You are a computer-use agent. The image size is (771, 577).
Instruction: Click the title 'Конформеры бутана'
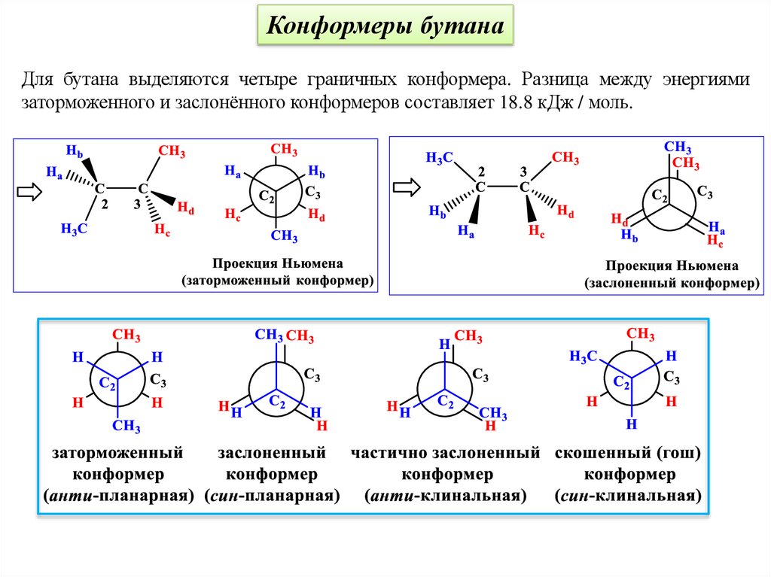point(386,28)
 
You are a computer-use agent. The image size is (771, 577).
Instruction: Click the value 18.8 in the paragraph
point(512,102)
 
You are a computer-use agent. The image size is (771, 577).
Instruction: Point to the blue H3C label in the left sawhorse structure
point(75,229)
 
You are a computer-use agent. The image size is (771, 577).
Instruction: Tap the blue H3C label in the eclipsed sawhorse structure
point(439,157)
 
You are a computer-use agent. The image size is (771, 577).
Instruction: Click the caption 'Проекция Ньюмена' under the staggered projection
point(277,264)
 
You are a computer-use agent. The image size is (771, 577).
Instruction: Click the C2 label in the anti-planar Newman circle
point(106,386)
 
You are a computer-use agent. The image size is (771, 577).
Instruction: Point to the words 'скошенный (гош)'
point(628,454)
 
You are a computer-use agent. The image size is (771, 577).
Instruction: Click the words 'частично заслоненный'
point(445,454)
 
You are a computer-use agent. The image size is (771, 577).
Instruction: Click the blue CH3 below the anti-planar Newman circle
point(126,427)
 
